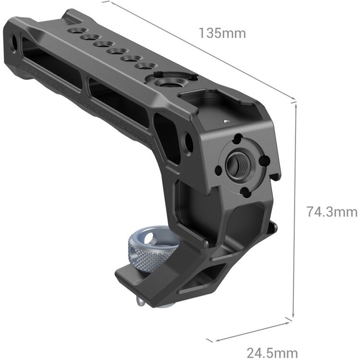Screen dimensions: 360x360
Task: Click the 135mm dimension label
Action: (x=222, y=33)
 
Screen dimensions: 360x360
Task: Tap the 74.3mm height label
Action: (x=332, y=212)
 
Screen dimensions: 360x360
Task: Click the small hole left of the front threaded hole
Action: (x=219, y=169)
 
